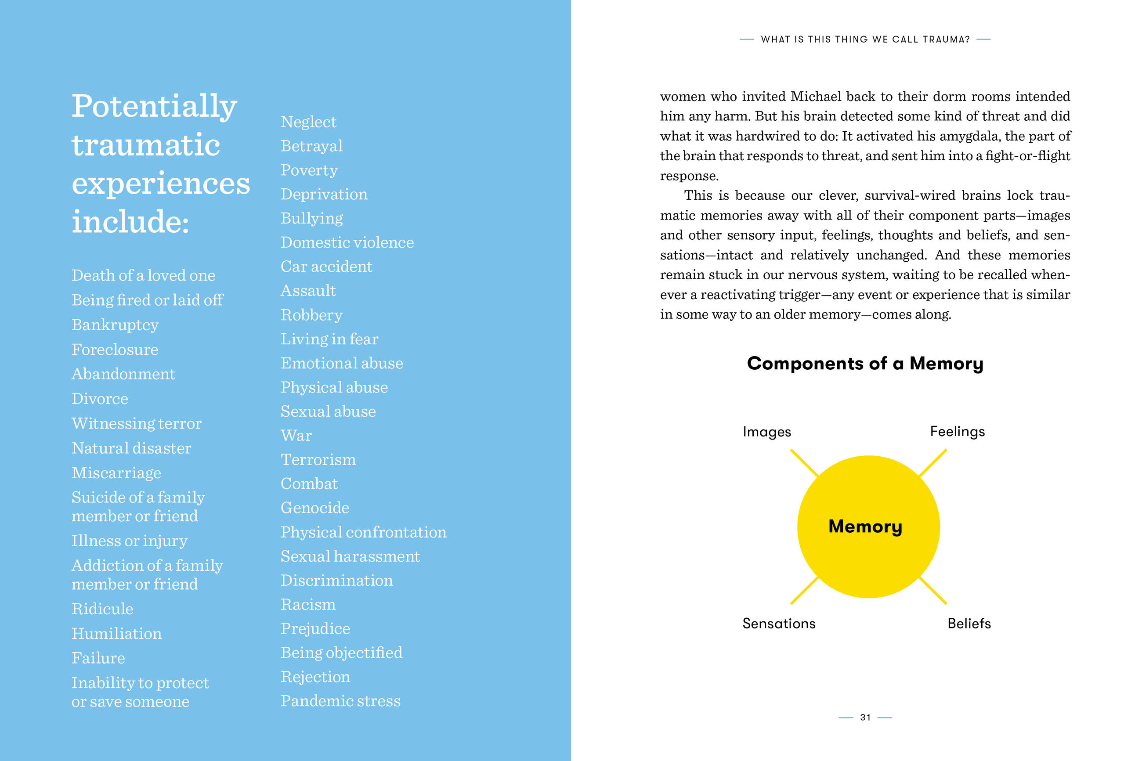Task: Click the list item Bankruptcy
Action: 115,325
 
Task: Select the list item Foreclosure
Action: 115,350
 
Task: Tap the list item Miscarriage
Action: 116,472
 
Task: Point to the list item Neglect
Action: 308,122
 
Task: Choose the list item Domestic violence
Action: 347,242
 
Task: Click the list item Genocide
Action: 315,508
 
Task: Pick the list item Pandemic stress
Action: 340,701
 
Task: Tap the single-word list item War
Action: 296,435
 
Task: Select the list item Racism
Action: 308,604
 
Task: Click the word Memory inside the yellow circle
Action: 865,527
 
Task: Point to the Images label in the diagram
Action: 767,432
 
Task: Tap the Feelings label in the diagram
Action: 957,432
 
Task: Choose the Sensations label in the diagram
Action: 779,623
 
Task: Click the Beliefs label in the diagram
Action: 969,623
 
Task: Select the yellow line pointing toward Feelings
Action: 933,462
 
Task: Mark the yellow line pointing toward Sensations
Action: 804,591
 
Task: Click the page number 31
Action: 865,718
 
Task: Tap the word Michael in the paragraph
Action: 818,97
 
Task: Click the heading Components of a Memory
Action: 865,364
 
